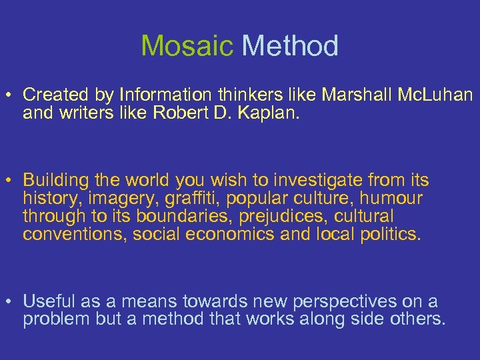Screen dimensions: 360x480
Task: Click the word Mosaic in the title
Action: [x=187, y=46]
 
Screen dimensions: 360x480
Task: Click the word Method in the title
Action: [x=290, y=46]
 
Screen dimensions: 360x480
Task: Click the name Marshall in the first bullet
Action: [x=359, y=96]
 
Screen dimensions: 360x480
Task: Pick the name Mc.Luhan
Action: [x=437, y=96]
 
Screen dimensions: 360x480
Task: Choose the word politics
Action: [x=387, y=234]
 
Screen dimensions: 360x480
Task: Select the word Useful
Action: [x=47, y=301]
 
